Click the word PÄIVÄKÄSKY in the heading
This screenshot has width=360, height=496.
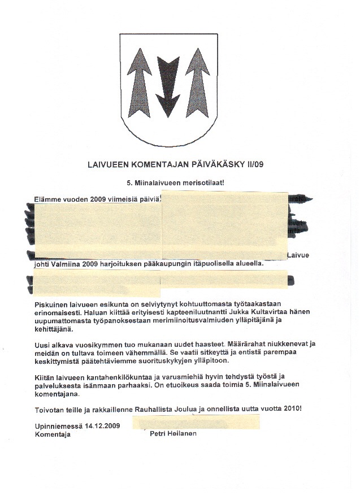(x=219, y=165)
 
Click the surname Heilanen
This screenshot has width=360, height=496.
(x=182, y=434)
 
